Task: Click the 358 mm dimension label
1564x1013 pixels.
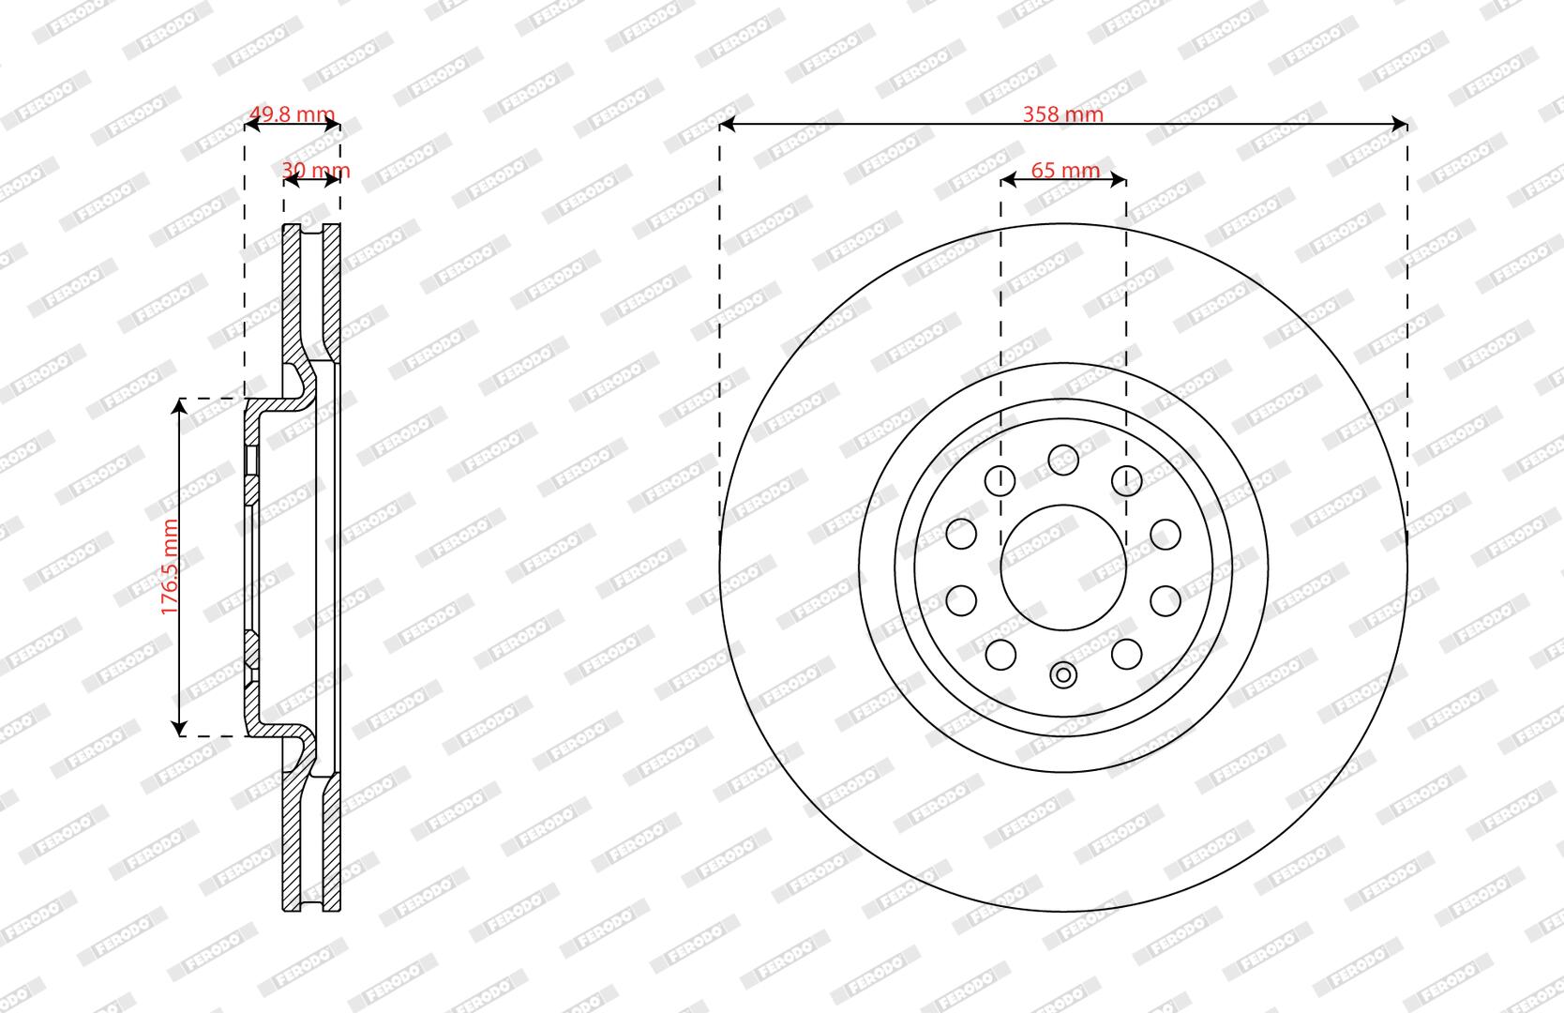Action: pos(1062,113)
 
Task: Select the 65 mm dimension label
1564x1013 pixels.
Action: pos(1065,170)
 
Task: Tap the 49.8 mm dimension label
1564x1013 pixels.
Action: pos(292,113)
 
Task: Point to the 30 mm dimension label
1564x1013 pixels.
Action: pos(316,170)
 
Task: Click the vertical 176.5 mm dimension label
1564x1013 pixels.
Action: pos(170,567)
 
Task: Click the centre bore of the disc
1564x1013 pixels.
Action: pos(1063,567)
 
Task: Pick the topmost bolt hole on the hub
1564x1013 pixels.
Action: pos(1063,460)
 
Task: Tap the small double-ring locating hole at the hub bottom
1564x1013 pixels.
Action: pos(1063,675)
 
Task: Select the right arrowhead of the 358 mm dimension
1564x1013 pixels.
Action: pos(1399,125)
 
